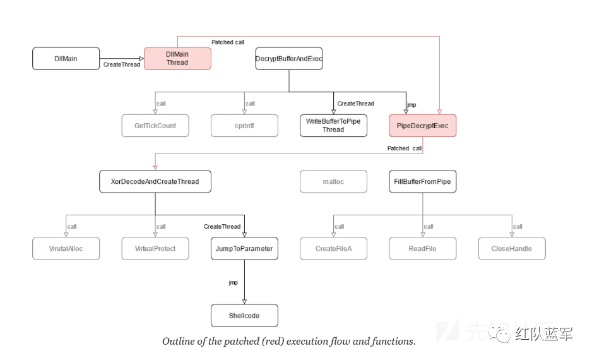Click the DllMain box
[66, 59]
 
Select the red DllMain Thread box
[177, 59]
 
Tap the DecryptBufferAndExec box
[289, 59]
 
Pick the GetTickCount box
[155, 126]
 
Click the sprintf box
[244, 126]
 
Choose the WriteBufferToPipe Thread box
[333, 126]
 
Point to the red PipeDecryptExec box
[422, 126]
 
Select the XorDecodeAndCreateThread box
[155, 182]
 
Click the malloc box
[333, 182]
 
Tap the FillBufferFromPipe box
[422, 182]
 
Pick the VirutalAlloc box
[66, 249]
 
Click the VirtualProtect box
[155, 249]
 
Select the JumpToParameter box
[244, 249]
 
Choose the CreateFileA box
[333, 249]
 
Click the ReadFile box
[422, 249]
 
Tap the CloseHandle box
[511, 249]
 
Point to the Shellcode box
[244, 316]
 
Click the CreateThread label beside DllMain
[122, 65]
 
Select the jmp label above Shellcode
[233, 283]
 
